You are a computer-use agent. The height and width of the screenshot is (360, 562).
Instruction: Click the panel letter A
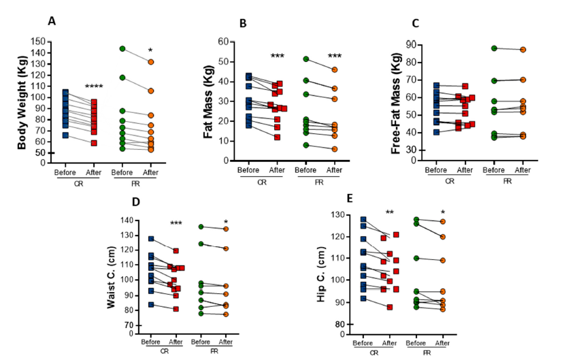(51, 21)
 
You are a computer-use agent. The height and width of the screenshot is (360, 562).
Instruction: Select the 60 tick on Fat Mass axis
(223, 42)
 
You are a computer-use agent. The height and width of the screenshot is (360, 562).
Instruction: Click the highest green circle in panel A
(122, 49)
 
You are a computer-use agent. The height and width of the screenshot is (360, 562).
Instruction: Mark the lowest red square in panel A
(94, 143)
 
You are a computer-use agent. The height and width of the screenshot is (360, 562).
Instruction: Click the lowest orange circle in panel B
(334, 149)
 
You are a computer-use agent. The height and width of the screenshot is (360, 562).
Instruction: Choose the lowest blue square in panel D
(151, 305)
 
